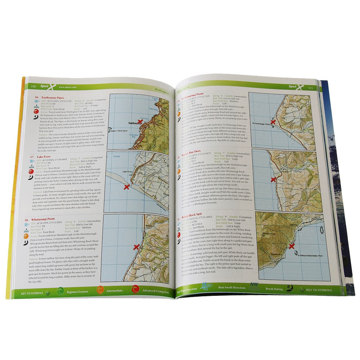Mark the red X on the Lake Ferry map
tap(126, 186)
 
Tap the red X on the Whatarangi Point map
tap(136, 247)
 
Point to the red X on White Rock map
tap(292, 246)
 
